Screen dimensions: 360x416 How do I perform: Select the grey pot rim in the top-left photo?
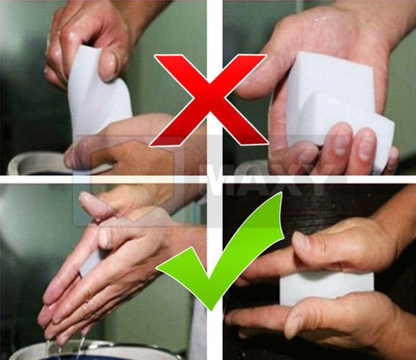coord(35,160)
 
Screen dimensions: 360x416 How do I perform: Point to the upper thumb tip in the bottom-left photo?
coord(87,201)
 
